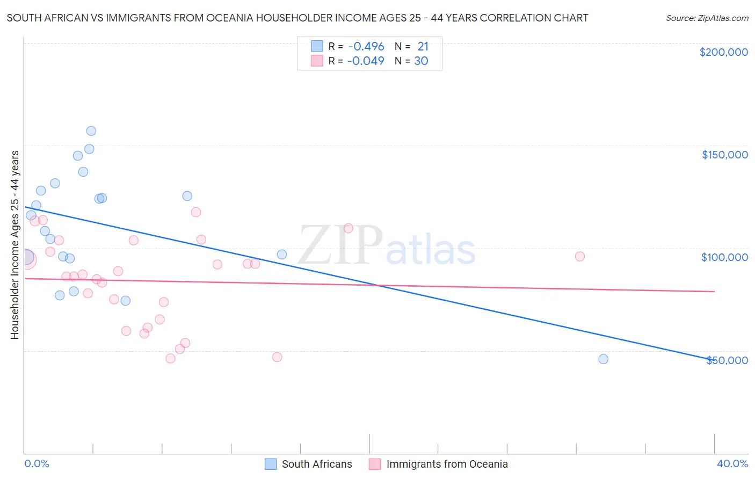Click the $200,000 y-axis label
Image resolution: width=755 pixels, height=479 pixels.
pyautogui.click(x=723, y=52)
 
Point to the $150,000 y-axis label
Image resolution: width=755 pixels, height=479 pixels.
pyautogui.click(x=724, y=155)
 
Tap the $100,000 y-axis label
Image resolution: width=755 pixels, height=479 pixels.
pyautogui.click(x=724, y=257)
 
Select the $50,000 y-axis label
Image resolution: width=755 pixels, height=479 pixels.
pyautogui.click(x=727, y=360)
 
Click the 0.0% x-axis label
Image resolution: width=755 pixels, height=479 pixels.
pyautogui.click(x=37, y=464)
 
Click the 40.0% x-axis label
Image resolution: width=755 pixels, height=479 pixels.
pyautogui.click(x=732, y=464)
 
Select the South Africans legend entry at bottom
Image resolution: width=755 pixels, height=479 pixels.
pyautogui.click(x=309, y=464)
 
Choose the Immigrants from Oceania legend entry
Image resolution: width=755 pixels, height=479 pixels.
pyautogui.click(x=439, y=464)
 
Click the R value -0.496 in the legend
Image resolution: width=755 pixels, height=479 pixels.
pyautogui.click(x=366, y=47)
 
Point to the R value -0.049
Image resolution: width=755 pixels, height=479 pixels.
pyautogui.click(x=366, y=61)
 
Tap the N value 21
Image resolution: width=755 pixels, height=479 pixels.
pyautogui.click(x=423, y=47)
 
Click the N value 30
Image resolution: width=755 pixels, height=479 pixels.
pyautogui.click(x=421, y=61)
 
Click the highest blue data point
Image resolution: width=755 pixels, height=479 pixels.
pyautogui.click(x=91, y=131)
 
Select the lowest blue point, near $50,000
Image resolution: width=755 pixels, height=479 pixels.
pyautogui.click(x=603, y=359)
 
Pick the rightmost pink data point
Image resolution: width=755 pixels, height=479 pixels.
pyautogui.click(x=579, y=256)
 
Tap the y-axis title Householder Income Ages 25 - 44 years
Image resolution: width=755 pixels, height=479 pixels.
pyautogui.click(x=14, y=245)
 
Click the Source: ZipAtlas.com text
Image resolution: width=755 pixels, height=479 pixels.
pyautogui.click(x=707, y=18)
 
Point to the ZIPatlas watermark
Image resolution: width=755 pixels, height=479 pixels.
pyautogui.click(x=387, y=246)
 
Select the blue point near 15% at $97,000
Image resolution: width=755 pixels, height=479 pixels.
pyautogui.click(x=282, y=255)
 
